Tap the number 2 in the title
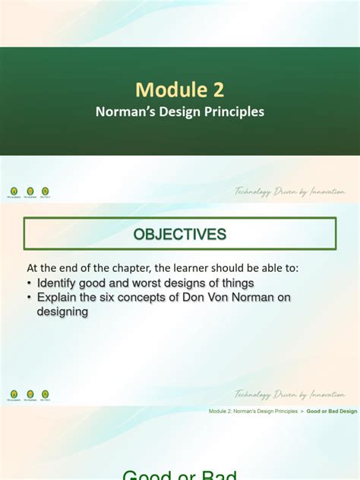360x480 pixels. pyautogui.click(x=218, y=90)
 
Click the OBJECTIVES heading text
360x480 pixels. pyautogui.click(x=180, y=235)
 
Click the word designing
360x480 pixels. pyautogui.click(x=63, y=311)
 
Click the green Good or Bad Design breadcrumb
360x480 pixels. pyautogui.click(x=331, y=412)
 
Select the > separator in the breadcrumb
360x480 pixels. pyautogui.click(x=302, y=412)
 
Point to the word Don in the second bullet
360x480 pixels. pyautogui.click(x=210, y=298)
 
